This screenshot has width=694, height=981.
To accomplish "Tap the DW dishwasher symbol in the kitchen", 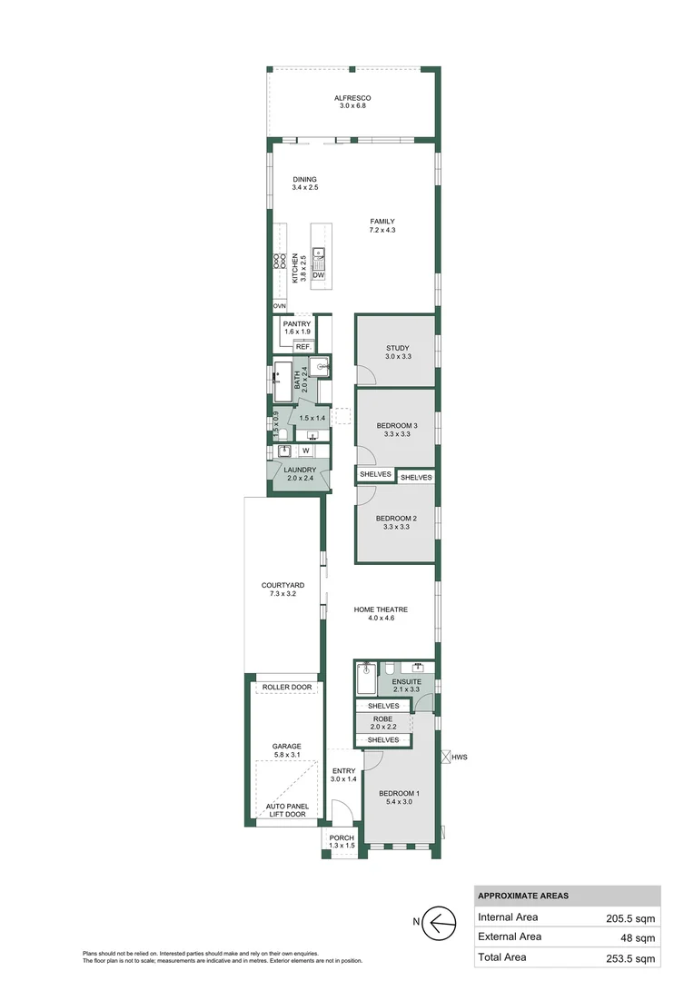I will (319, 275).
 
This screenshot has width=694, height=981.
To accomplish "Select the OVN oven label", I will (279, 307).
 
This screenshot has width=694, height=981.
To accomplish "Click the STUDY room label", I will (397, 348).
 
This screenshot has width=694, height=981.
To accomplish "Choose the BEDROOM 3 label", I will (397, 426).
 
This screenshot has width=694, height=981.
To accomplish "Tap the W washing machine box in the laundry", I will (305, 450).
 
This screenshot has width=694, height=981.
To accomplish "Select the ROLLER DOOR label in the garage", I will (286, 688).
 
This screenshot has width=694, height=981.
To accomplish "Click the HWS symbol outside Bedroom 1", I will (446, 756).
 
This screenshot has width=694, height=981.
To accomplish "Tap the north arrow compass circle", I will (442, 923).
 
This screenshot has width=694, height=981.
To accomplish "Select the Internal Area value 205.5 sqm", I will (630, 917).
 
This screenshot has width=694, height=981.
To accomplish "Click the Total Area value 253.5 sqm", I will (630, 958).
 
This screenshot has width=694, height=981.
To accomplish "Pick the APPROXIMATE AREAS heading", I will (523, 896).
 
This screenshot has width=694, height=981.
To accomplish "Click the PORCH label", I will (342, 837).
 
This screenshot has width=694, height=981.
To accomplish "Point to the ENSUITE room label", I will (406, 681).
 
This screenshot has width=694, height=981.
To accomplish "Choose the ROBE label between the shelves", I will (382, 718).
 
